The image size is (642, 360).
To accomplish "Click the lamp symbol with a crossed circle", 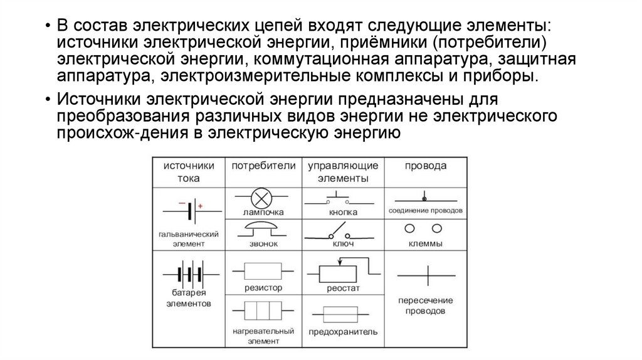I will (x=260, y=199).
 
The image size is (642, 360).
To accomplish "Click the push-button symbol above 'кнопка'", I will (x=338, y=200).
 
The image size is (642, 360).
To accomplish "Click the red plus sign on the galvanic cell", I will (x=200, y=206).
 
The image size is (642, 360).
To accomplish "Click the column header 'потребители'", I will (x=263, y=166).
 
